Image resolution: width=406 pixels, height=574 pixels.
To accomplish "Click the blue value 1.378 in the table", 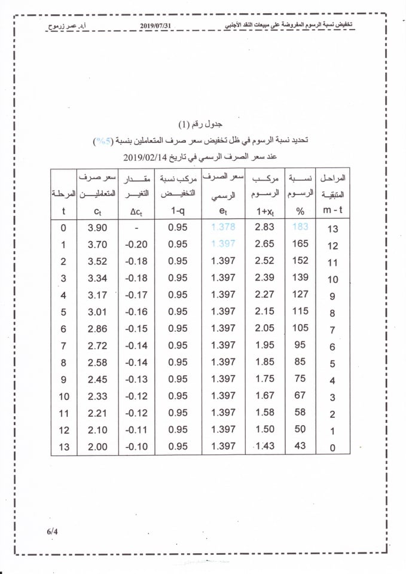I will (223, 227).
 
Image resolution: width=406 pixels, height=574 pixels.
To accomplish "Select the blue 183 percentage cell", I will (300, 227).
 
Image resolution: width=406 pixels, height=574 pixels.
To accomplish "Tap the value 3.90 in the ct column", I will (97, 228).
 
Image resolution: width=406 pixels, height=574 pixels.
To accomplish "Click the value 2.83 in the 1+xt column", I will (264, 227).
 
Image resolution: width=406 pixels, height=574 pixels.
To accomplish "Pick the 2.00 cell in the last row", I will (97, 446).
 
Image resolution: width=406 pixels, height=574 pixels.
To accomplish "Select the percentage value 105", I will (300, 328).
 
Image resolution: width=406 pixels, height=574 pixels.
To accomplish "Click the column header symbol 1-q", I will (178, 211).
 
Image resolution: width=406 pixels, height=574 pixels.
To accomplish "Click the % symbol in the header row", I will (300, 211).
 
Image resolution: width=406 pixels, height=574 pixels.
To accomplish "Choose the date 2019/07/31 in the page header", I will (160, 25).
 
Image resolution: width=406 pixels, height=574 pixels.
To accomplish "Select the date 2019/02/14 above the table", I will (147, 157).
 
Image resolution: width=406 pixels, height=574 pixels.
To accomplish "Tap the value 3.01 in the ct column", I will (97, 312).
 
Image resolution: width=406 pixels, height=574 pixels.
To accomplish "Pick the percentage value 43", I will (300, 446).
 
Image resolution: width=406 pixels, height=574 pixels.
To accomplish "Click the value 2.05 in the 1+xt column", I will (264, 328).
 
